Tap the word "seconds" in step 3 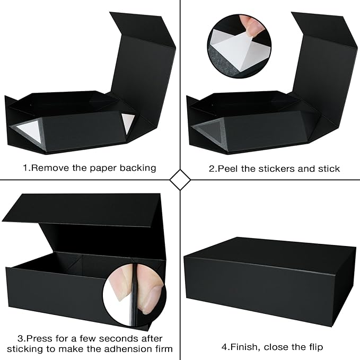click(110, 338)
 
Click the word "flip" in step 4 click(313, 347)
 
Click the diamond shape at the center click(180, 179)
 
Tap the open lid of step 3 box click(80, 209)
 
